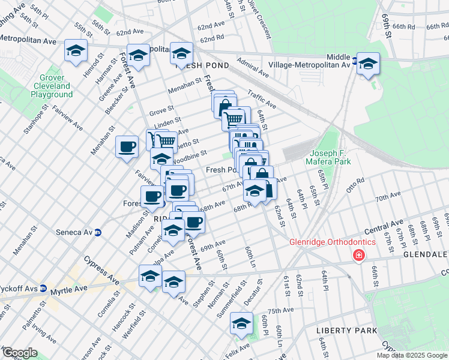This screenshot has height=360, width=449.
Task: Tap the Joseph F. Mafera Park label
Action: [x=331, y=157]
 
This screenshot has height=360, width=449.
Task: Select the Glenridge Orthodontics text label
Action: [x=333, y=242]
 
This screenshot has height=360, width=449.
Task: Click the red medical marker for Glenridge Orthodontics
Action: [x=359, y=256]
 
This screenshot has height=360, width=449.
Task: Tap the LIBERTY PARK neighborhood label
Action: [x=346, y=331]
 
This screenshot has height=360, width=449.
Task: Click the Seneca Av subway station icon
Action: [x=98, y=233]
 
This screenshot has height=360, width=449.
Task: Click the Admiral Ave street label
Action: [x=253, y=67]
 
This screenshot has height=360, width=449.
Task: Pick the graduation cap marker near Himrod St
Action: [x=76, y=52]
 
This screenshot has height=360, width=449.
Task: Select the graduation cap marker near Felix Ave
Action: [x=241, y=323]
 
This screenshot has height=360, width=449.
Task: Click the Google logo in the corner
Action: [x=20, y=353]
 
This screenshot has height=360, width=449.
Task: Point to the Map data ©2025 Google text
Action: [x=412, y=355]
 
